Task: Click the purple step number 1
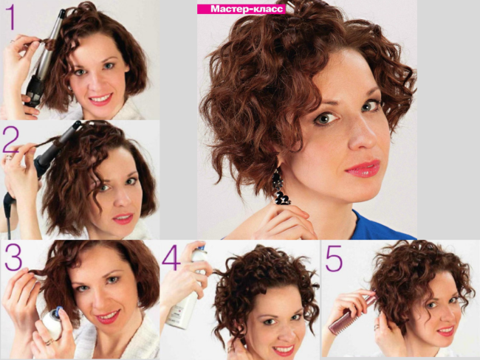(10, 18)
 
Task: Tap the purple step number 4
(171, 258)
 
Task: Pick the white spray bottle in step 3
(51, 323)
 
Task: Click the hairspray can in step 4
(185, 295)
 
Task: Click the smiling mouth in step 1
(100, 99)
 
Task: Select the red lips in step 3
(108, 316)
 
